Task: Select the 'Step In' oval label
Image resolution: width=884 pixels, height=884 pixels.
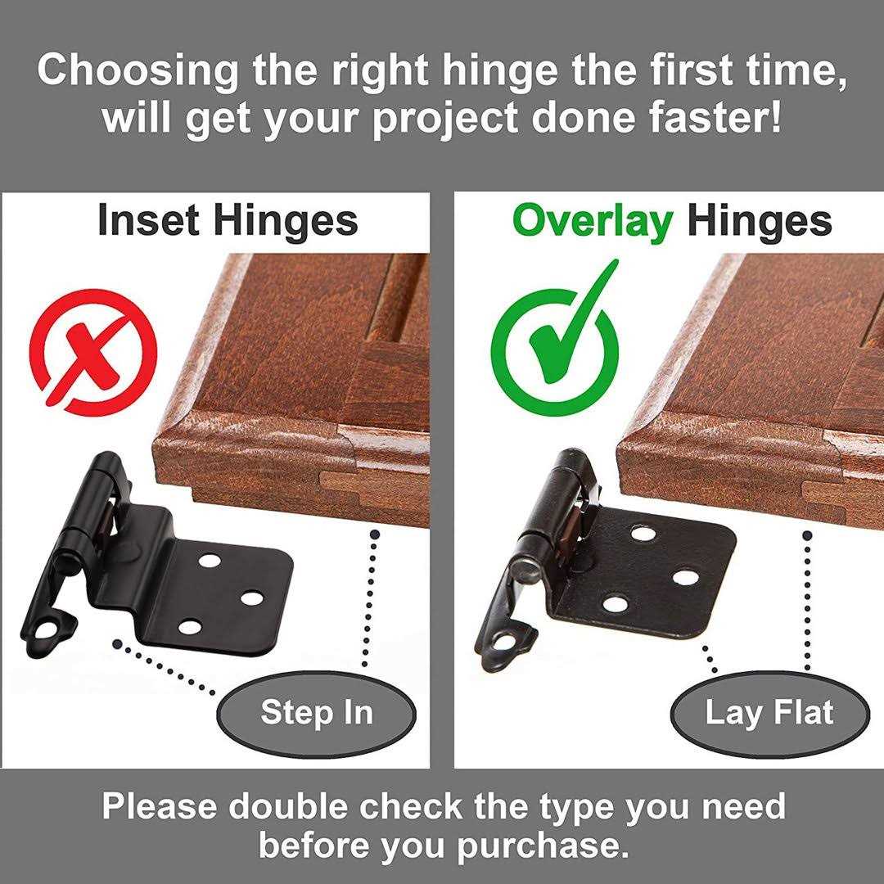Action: [317, 712]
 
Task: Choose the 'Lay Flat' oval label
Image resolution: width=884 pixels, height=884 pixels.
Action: [769, 712]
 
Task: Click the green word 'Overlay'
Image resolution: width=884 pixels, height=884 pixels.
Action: [593, 221]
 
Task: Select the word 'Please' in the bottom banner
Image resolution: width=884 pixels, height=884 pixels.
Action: [159, 806]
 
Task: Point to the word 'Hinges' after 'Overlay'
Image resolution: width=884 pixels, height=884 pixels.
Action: [760, 221]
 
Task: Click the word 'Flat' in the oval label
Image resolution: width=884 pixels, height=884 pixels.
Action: [806, 712]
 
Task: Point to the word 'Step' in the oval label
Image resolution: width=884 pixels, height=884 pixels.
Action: [289, 712]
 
